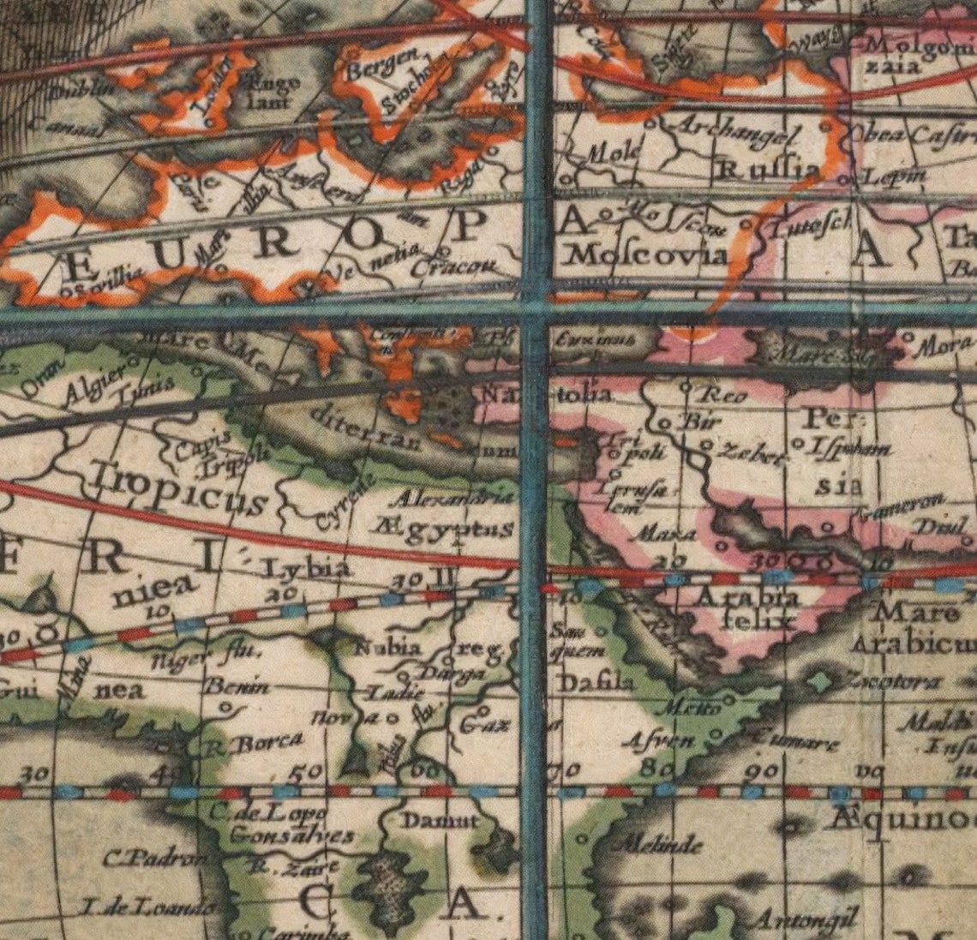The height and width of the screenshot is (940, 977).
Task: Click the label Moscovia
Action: (x=648, y=254)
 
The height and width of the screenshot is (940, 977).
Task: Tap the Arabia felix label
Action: (x=748, y=608)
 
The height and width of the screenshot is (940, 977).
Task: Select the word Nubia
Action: (x=387, y=646)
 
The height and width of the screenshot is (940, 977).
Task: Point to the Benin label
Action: (x=235, y=686)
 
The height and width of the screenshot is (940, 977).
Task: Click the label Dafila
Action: (x=596, y=683)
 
